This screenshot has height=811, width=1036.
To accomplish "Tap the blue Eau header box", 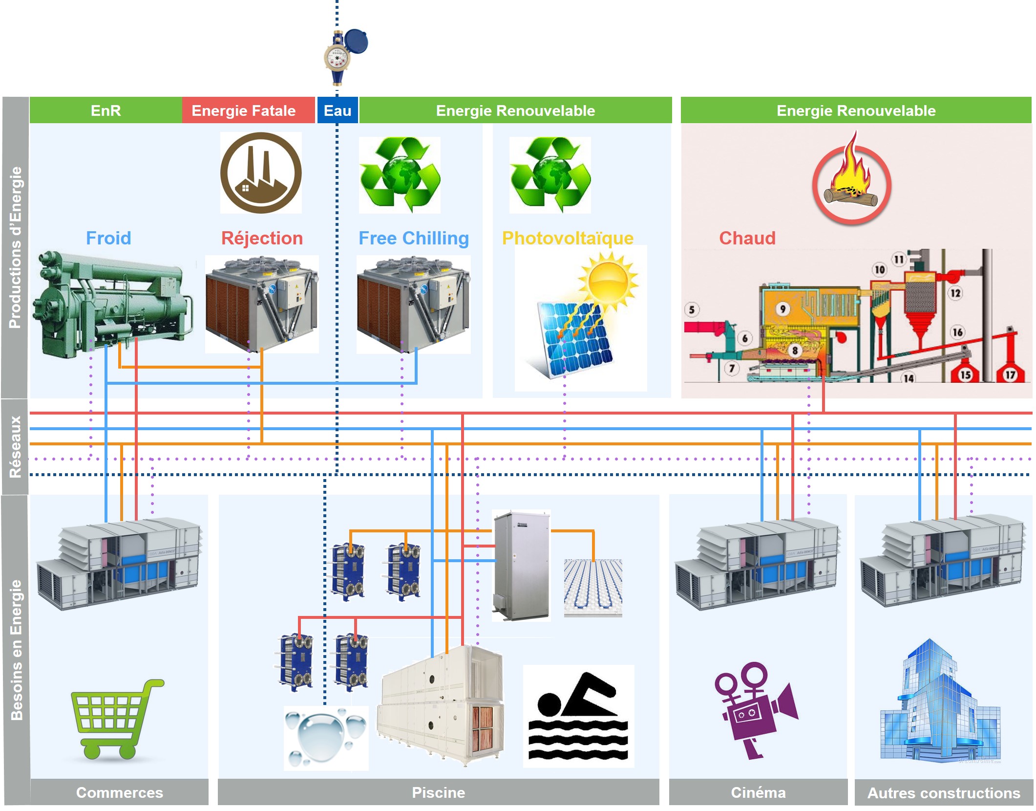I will tap(338, 110).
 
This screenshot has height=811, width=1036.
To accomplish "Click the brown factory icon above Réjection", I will tap(261, 173).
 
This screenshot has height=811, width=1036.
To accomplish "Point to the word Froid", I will tap(108, 238).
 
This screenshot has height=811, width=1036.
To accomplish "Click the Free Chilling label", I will tap(414, 238).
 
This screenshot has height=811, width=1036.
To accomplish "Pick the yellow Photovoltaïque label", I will tap(568, 238).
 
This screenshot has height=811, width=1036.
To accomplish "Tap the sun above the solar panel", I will tap(608, 281).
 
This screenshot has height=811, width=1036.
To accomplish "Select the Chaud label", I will tap(747, 238).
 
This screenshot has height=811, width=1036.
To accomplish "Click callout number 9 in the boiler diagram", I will tap(782, 309).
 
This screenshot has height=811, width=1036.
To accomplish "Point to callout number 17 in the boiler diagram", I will tap(1010, 374).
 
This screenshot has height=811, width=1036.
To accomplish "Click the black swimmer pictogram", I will tap(578, 716).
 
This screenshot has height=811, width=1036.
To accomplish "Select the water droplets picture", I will tap(325, 737).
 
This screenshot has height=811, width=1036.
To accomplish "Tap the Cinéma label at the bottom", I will tap(758, 792).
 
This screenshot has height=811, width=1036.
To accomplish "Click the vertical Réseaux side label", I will tap(15, 446).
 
